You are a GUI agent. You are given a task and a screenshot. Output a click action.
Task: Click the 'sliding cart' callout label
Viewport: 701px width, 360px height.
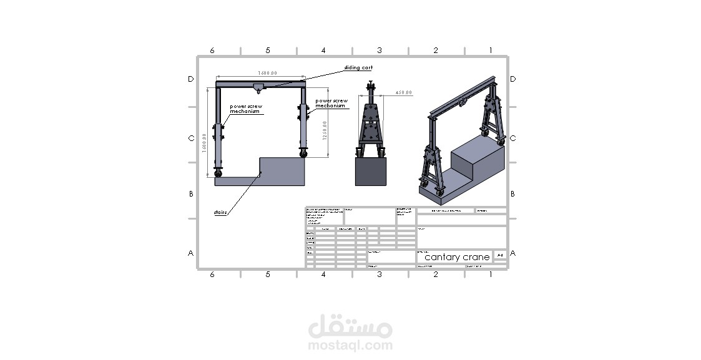(x=358, y=67)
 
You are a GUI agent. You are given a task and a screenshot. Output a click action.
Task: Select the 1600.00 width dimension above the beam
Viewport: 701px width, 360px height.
(x=260, y=74)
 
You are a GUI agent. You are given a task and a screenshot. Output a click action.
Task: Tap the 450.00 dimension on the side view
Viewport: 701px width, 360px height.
(x=403, y=92)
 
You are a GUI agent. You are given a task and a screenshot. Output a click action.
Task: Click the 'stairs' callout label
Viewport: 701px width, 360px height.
(x=220, y=213)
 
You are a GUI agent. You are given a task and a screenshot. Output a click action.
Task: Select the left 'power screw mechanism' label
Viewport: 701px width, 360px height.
(x=245, y=109)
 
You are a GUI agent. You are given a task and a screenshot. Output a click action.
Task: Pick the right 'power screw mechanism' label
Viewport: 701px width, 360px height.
(x=331, y=103)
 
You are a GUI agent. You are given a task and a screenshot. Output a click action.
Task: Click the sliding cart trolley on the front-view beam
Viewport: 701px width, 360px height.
(x=260, y=85)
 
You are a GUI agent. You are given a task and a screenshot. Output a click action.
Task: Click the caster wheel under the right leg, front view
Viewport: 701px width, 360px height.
(x=304, y=153)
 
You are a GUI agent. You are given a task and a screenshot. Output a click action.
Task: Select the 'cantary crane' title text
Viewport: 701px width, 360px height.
(x=457, y=257)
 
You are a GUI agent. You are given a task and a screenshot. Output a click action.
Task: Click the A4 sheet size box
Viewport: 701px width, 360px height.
(x=500, y=255)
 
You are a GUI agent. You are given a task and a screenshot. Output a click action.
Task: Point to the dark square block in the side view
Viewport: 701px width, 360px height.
(x=371, y=171)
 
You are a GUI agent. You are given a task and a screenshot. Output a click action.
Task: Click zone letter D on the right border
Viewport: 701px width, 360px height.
(x=512, y=79)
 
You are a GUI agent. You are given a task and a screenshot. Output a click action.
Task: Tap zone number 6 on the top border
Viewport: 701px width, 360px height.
(x=212, y=51)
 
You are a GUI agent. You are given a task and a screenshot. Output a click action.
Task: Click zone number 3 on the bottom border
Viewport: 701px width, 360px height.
(x=379, y=274)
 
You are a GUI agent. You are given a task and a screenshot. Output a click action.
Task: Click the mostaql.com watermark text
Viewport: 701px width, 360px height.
(x=350, y=345)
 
